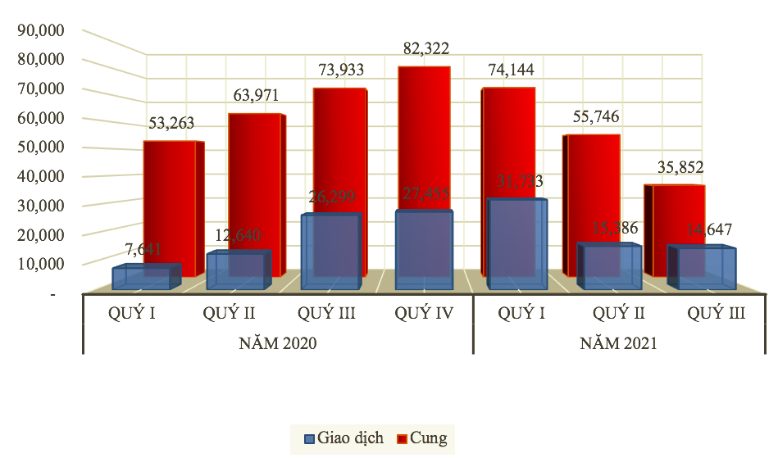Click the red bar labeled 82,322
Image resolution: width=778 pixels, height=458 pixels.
coord(424,139)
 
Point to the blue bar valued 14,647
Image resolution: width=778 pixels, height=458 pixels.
coord(705,268)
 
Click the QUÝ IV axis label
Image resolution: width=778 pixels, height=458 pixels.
coord(425,313)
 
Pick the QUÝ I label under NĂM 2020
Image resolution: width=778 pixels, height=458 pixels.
coord(132,313)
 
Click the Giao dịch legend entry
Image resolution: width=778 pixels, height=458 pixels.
coord(344,438)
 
